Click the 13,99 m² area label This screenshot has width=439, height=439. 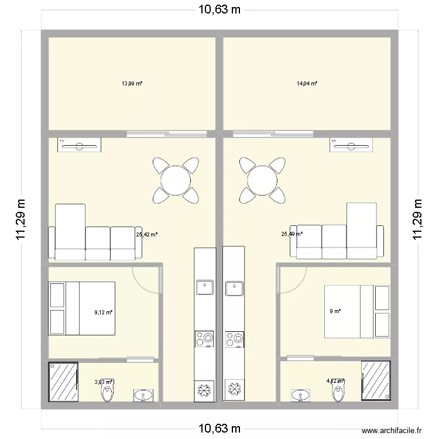pos(132,84)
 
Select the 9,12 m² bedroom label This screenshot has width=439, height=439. pos(103,312)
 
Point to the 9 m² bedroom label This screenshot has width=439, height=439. pos(335,311)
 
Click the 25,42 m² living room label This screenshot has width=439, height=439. pos(147,234)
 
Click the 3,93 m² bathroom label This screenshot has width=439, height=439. pos(103,382)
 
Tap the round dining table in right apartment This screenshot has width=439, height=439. pos(262,179)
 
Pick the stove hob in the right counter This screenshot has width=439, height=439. pos(234,338)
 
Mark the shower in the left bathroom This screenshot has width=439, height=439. pos(63,381)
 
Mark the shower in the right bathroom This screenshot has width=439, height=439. pos(376,381)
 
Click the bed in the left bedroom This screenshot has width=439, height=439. pos(82,308)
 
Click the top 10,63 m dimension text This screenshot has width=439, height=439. pos(219,10)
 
